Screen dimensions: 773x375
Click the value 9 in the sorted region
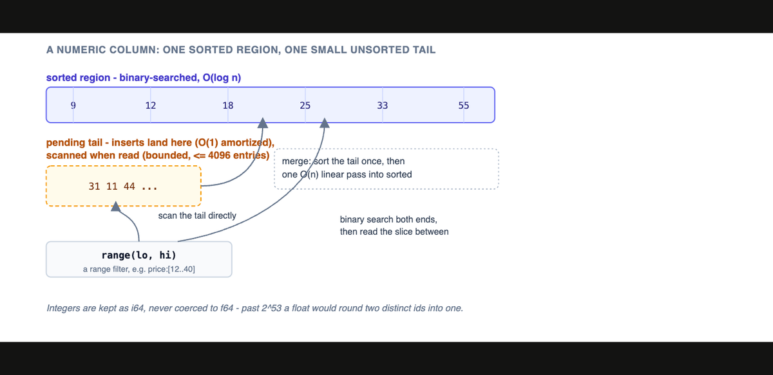[x=73, y=105]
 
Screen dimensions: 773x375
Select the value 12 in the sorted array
[x=151, y=105]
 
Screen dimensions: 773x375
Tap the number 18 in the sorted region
[x=228, y=105]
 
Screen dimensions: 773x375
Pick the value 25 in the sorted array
[x=305, y=105]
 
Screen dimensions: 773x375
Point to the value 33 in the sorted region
[x=383, y=105]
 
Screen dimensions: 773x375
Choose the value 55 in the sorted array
[x=463, y=105]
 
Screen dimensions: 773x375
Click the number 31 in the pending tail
[x=94, y=187]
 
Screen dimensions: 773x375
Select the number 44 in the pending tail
[x=129, y=187]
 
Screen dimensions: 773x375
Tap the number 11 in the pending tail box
[x=112, y=187]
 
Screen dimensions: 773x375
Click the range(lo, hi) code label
[x=138, y=255]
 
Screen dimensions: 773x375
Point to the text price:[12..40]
[x=171, y=269]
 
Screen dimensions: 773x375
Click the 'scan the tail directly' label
[x=197, y=215]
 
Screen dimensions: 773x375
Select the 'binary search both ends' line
[x=388, y=219]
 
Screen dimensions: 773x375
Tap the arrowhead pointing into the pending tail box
[x=116, y=206]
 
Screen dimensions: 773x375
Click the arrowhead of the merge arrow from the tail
[x=263, y=123]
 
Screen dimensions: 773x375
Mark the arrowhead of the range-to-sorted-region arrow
[x=325, y=123]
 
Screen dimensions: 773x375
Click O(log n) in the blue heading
[x=222, y=78]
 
